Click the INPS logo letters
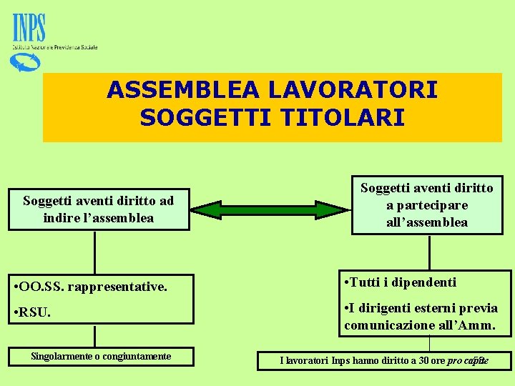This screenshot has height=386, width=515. pyautogui.click(x=29, y=29)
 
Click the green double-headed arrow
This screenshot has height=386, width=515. pyautogui.click(x=271, y=209)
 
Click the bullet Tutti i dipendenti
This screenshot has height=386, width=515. pyautogui.click(x=400, y=282)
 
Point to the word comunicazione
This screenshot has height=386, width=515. pyautogui.click(x=386, y=325)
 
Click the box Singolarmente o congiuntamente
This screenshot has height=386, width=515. pyautogui.click(x=101, y=356)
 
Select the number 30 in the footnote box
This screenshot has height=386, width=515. pyautogui.click(x=425, y=360)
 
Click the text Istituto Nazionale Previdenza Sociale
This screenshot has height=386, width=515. pyautogui.click(x=54, y=47)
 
